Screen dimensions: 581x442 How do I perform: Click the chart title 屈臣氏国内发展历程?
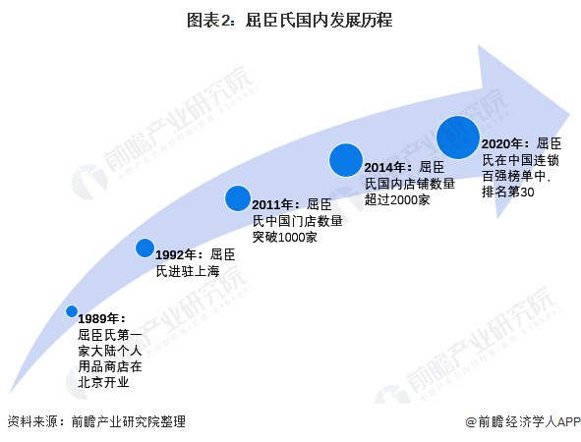(x=319, y=20)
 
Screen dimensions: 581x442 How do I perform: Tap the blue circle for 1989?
(x=72, y=311)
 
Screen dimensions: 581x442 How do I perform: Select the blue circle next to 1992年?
(x=145, y=249)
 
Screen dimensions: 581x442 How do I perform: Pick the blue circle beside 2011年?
(x=238, y=198)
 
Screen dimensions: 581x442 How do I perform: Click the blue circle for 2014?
(x=346, y=160)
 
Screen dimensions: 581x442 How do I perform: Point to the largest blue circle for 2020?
(x=458, y=138)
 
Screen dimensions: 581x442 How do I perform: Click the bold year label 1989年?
(x=98, y=318)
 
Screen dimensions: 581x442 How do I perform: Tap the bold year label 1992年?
(x=176, y=255)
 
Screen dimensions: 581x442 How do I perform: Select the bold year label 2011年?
(x=272, y=204)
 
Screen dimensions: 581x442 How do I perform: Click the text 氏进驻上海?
(x=188, y=271)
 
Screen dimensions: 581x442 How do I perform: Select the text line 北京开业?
(x=103, y=382)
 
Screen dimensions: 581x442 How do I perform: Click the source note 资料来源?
(x=31, y=421)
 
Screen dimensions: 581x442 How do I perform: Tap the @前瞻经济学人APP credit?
(x=522, y=421)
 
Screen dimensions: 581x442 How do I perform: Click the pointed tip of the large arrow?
(x=570, y=114)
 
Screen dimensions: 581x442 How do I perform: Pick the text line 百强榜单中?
(x=514, y=176)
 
